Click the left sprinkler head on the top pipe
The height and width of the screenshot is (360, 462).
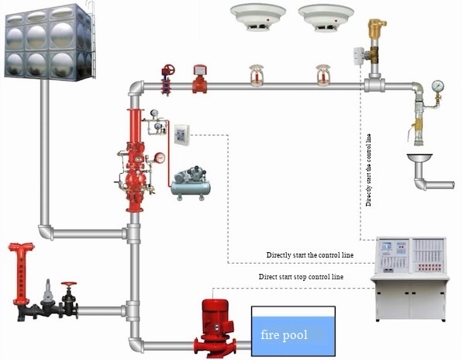[253, 74]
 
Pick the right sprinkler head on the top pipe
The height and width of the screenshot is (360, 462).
[322, 74]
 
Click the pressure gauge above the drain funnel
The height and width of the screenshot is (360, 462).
[439, 83]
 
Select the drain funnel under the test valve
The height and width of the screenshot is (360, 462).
[422, 162]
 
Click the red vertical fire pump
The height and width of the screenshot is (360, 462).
[214, 326]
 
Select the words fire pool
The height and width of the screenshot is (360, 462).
[284, 336]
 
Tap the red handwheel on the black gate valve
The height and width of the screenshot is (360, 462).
[71, 286]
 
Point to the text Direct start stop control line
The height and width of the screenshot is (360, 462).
[301, 276]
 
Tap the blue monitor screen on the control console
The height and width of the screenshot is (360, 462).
[389, 249]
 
